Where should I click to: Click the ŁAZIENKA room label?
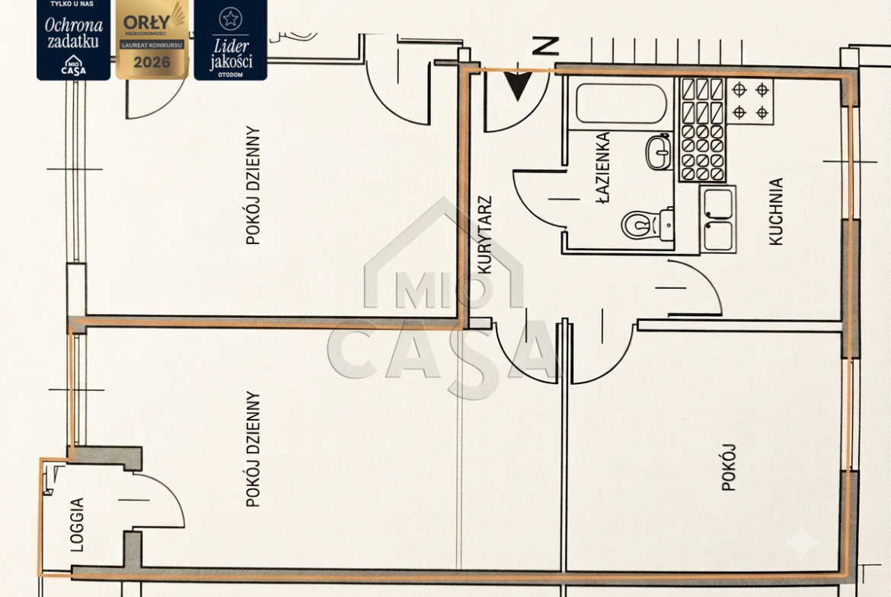click(603, 167)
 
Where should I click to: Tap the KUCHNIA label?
click(776, 211)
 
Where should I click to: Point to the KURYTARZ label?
click(484, 235)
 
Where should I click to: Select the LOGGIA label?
click(77, 524)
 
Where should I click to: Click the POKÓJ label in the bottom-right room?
click(728, 467)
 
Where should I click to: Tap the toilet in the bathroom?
click(647, 224)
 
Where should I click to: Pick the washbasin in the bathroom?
click(659, 151)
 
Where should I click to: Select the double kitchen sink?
click(717, 219)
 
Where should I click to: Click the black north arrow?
click(518, 86)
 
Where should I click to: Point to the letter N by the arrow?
click(546, 46)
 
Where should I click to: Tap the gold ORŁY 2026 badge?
click(152, 39)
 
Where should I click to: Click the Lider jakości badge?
click(230, 39)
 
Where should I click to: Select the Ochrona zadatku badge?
click(73, 39)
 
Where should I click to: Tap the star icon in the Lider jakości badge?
click(230, 19)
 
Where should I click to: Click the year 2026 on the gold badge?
click(152, 62)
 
